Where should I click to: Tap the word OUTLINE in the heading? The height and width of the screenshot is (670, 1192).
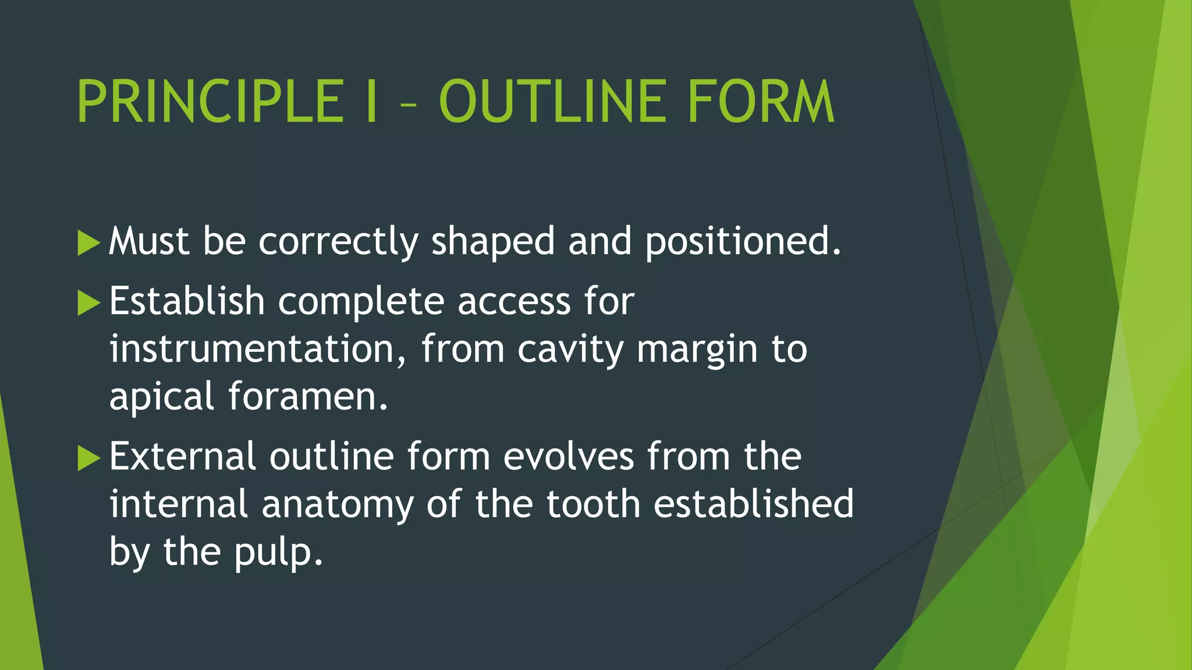tap(552, 102)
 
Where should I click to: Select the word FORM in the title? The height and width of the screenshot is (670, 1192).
tap(761, 102)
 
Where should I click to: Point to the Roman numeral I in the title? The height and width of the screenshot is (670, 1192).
tap(372, 102)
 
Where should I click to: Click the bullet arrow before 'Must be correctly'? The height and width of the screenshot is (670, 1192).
tap(88, 243)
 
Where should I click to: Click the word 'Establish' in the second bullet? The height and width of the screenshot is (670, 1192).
tap(187, 301)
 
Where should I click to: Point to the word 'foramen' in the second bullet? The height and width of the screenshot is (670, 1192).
tap(307, 397)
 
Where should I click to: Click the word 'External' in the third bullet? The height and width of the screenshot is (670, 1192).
tap(182, 457)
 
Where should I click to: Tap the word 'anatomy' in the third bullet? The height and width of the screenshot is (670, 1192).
tap(337, 505)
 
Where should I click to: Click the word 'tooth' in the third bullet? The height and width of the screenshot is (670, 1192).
tap(593, 504)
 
